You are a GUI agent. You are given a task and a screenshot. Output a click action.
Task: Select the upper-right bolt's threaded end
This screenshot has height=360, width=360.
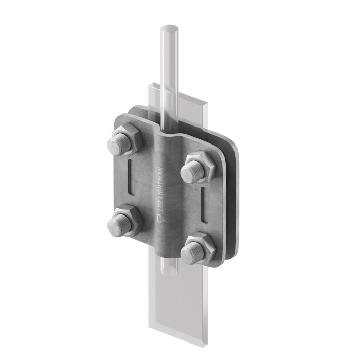click(192, 172)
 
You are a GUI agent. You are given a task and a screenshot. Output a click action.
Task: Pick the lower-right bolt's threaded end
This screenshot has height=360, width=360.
click(192, 252)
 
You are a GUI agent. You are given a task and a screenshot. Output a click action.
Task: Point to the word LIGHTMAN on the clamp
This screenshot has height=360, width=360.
click(161, 183)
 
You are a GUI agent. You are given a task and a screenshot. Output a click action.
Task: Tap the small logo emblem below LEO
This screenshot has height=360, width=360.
click(159, 219)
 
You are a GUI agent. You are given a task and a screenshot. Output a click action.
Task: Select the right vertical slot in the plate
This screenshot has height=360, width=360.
click(204, 205)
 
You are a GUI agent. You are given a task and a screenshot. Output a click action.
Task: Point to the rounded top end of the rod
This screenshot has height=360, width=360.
click(169, 28)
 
